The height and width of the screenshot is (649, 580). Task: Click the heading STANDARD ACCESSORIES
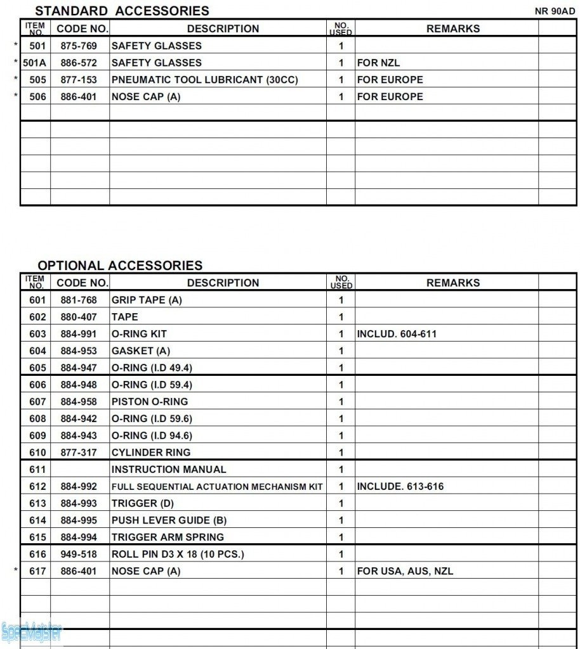122,11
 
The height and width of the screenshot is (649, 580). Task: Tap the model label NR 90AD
555,11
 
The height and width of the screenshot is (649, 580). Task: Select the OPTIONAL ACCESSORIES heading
120,266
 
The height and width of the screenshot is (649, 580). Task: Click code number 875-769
79,46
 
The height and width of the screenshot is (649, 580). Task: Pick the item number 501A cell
36,63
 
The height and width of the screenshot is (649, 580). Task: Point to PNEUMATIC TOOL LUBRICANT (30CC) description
204,80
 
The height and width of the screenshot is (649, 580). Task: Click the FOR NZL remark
378,63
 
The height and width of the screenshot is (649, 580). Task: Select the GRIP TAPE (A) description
147,300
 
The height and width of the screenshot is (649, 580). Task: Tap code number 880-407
79,317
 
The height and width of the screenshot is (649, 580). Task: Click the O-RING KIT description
139,334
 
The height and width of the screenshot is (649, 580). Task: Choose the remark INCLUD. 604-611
397,334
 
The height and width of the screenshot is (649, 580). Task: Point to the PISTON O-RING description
150,402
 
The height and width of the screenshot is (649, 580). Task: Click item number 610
37,453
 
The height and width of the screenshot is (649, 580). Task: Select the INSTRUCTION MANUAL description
168,470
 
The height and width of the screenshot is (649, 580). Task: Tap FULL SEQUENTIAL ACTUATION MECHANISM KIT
217,487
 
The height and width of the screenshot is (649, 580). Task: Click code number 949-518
79,555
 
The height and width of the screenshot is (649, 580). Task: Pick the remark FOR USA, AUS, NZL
405,571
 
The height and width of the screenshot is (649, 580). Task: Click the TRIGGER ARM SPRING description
168,537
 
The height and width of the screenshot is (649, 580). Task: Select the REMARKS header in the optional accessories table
453,283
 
